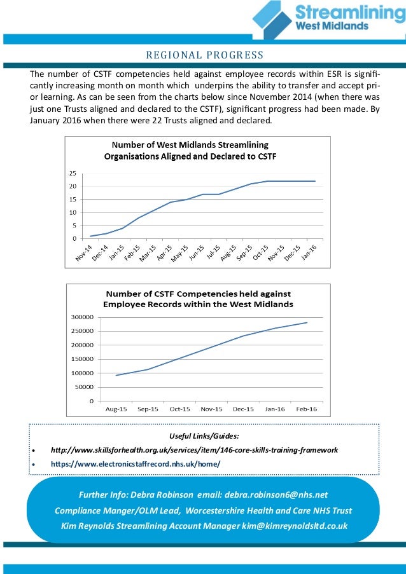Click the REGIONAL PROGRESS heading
205,54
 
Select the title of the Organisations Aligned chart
190,150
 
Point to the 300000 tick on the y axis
82,317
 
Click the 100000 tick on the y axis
82,373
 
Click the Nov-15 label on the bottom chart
212,409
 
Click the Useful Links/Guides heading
204,435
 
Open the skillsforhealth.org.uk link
194,449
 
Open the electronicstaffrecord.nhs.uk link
136,463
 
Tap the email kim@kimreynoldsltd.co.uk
293,526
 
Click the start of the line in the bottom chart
116,375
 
